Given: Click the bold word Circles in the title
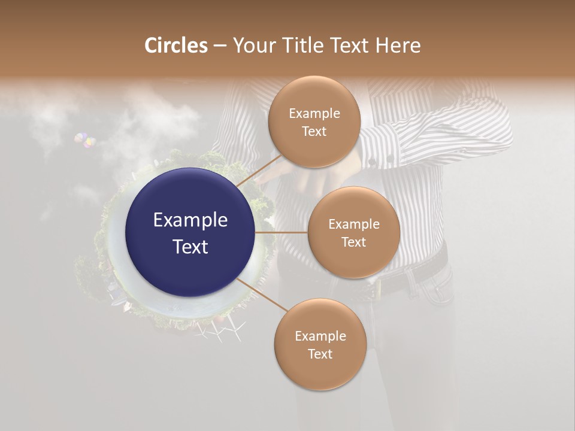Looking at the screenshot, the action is pos(176,45).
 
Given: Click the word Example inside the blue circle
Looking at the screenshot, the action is pos(190,220).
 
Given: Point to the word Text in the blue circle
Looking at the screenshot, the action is pos(190,246).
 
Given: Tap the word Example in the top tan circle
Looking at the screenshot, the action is pos(314,113).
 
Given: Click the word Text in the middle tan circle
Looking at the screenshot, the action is pos(353,242).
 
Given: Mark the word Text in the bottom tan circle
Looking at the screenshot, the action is pos(320,354).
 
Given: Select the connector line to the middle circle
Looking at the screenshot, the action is pos(282,232).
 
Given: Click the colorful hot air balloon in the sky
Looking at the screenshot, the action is pos(85,141).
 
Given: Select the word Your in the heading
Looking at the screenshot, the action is pos(252,45).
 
